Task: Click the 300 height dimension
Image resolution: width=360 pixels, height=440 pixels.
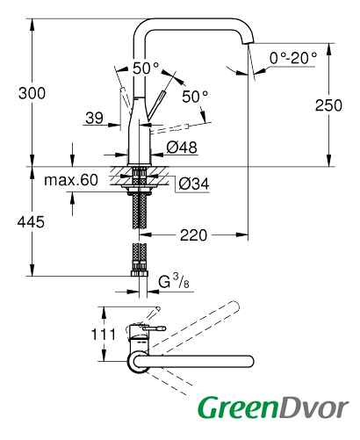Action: pyautogui.click(x=32, y=93)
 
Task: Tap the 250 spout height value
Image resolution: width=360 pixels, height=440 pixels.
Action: pyautogui.click(x=328, y=105)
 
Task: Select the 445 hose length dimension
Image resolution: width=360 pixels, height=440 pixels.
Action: pyautogui.click(x=31, y=221)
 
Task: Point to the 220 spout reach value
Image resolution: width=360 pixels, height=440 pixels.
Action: pyautogui.click(x=193, y=235)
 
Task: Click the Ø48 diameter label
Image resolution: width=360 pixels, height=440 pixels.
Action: pyautogui.click(x=182, y=148)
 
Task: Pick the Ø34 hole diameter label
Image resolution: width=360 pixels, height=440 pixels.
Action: pyautogui.click(x=194, y=184)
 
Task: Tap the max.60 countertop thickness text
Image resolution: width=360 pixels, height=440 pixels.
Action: pyautogui.click(x=71, y=180)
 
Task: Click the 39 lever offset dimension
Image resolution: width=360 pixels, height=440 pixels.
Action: pyautogui.click(x=94, y=118)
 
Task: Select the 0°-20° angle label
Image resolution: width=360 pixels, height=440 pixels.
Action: pyautogui.click(x=293, y=58)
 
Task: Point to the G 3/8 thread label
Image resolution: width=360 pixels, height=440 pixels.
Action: pyautogui.click(x=174, y=281)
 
